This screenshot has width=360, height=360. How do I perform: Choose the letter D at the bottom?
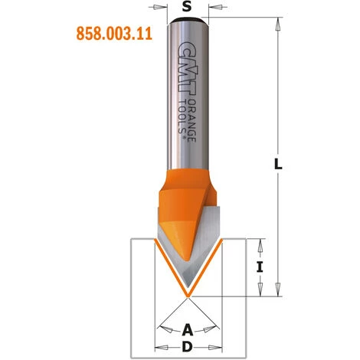186,349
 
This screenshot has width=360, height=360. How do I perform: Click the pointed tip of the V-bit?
186,294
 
